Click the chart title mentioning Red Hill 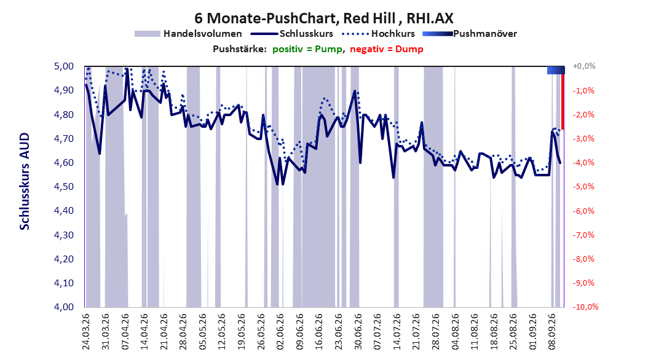324,18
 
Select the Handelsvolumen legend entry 188,34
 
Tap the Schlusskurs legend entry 292,34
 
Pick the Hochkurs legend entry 378,34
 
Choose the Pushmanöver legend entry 470,34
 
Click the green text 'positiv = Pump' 307,49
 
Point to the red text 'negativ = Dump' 387,49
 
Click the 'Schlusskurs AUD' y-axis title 25,181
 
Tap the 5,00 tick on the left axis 64,66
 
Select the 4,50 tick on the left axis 64,187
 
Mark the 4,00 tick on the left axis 64,307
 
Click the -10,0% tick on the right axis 585,307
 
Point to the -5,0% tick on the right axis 583,187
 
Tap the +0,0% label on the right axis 584,66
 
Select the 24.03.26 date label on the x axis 86,332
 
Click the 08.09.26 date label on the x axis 551,332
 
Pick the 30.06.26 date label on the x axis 358,332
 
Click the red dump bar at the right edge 563,98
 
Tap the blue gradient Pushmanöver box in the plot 556,70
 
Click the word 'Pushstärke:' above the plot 240,49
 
